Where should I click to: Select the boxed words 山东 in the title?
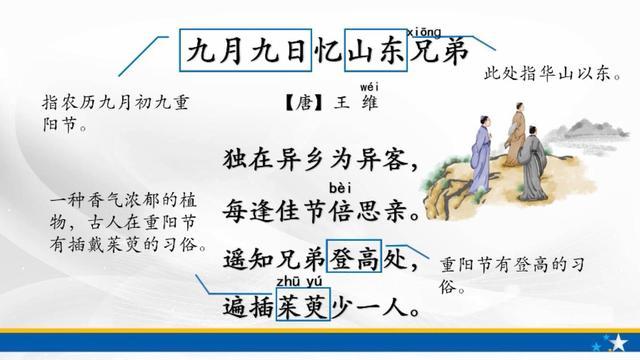pyautogui.click(x=375, y=49)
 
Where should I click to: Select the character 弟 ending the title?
pyautogui.click(x=453, y=49)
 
